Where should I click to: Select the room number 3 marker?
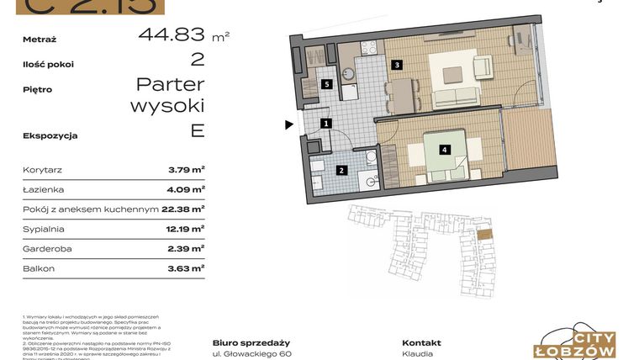point(396,65)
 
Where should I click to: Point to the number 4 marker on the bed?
point(444,150)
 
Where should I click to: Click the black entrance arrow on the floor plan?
point(288,125)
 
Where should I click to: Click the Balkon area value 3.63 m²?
point(186,269)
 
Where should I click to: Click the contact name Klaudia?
point(418,354)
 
